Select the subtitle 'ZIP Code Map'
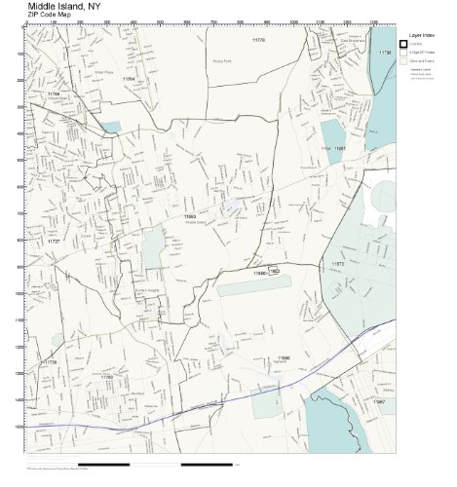(x=50, y=16)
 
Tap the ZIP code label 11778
(x=258, y=40)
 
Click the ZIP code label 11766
(x=53, y=94)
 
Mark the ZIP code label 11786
(x=384, y=53)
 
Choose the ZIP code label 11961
(x=340, y=149)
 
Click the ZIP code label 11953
(x=190, y=216)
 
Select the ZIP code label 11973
(x=338, y=264)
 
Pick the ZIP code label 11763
(x=107, y=376)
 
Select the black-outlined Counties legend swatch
(x=403, y=44)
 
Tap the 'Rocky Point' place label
(x=222, y=60)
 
